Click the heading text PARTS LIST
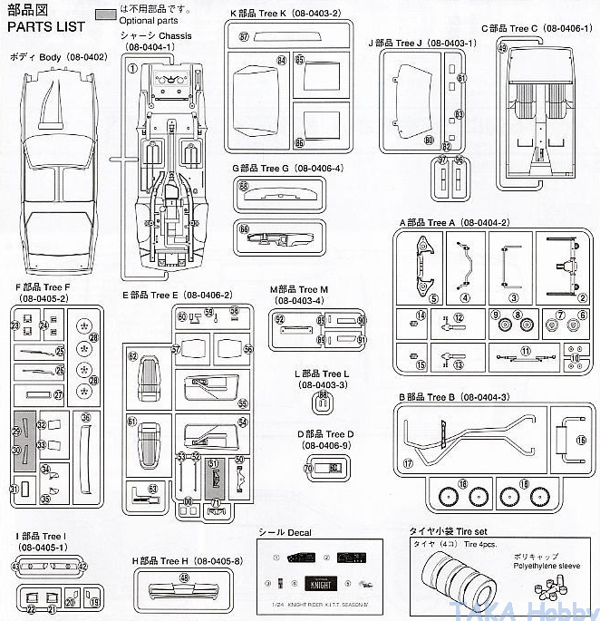pos(45,25)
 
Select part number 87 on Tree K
pos(245,36)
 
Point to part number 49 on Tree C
pos(502,48)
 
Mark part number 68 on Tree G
pos(244,185)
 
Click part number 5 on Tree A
pos(409,298)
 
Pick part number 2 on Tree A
pos(582,297)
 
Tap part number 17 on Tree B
pos(409,463)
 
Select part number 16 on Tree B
pos(581,440)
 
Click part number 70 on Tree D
pos(308,468)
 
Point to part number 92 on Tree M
pos(280,319)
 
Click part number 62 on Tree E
pos(132,356)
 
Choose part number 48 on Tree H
pos(185,577)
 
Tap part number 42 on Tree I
pos(82,566)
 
